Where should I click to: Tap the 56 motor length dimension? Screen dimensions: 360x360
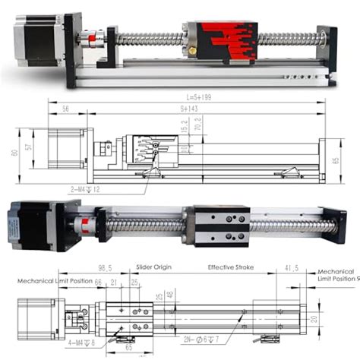pyautogui.click(x=66, y=109)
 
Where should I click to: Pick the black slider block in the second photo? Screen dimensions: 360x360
pyautogui.click(x=220, y=226)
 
